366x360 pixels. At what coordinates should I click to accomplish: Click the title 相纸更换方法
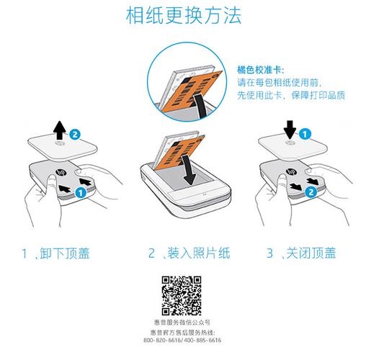coord(184,16)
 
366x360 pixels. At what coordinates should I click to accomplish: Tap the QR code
coord(182,296)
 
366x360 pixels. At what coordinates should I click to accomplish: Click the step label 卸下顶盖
coord(65,253)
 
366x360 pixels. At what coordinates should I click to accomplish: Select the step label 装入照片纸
coord(199,253)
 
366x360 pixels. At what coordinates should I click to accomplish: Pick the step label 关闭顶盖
coord(311,253)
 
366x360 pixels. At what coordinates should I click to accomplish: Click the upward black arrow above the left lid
coord(60,130)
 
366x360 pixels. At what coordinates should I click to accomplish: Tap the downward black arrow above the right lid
coord(290,130)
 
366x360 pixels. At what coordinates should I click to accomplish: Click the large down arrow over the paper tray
coord(189,170)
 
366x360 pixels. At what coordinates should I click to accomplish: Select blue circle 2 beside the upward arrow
coord(75,135)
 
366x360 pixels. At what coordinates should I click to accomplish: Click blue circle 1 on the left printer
coord(81,192)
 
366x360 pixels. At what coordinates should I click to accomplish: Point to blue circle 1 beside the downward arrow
coord(305,134)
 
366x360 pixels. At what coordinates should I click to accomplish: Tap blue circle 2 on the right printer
coord(311,192)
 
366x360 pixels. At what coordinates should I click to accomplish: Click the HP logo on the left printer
coord(61,172)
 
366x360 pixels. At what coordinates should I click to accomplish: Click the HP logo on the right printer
coord(291,172)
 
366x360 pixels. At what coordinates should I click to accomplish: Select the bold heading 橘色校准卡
coord(259,70)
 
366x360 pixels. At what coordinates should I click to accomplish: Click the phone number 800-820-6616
coord(161,340)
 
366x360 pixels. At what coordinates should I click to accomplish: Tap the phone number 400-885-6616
coord(202,340)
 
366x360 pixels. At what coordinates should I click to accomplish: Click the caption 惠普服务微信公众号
coord(182,323)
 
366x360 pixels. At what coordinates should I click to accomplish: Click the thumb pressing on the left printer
coord(53,185)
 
